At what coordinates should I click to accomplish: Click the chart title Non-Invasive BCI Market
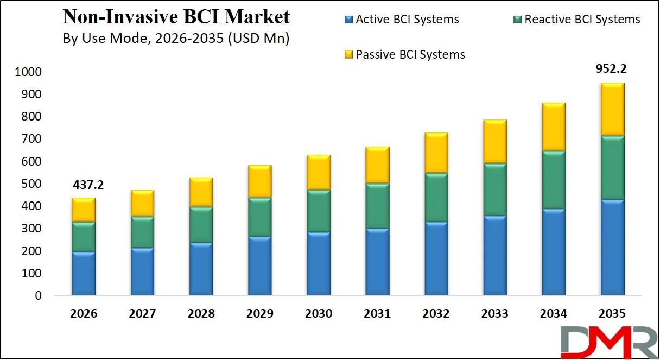(x=176, y=17)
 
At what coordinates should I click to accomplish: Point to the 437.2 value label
(x=88, y=185)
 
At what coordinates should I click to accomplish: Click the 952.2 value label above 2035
(x=612, y=69)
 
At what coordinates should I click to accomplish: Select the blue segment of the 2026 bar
(x=84, y=273)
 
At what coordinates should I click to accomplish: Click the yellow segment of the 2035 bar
(x=612, y=109)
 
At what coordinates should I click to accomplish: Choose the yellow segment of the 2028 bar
(x=201, y=192)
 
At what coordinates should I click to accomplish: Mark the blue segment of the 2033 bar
(x=494, y=255)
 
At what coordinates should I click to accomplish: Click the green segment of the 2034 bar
(x=553, y=179)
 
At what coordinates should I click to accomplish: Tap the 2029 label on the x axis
(x=259, y=314)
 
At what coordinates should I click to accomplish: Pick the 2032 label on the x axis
(x=436, y=314)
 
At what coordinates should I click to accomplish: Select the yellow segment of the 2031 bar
(x=377, y=165)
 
